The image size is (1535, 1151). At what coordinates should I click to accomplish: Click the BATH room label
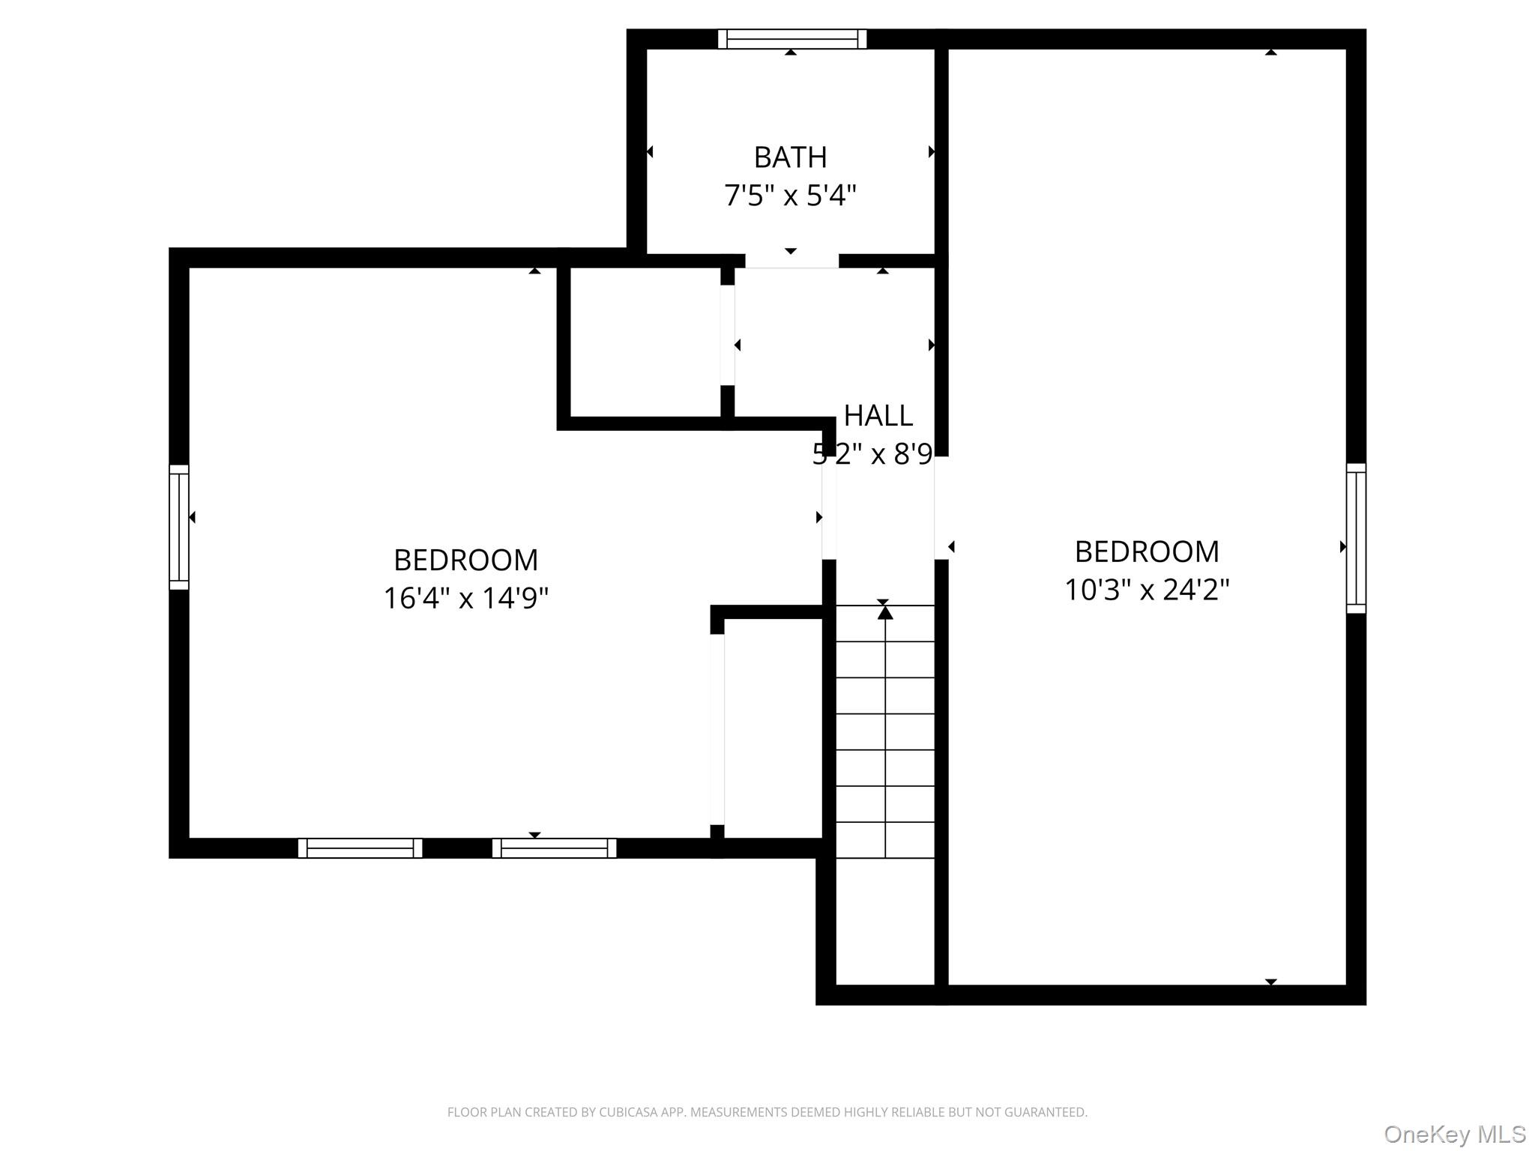coord(790,157)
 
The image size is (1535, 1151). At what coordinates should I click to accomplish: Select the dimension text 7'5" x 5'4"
coord(790,196)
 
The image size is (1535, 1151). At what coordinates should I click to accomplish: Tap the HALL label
coord(878,416)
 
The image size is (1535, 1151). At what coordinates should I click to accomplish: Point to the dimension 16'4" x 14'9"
coord(465,599)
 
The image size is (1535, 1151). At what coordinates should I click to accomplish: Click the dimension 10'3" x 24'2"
coord(1147,590)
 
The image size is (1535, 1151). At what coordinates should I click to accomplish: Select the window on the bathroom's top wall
coord(791,39)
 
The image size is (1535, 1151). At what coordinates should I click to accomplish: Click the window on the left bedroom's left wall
coord(179,527)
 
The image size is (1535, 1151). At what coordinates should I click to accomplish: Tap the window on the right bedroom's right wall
coord(1356,538)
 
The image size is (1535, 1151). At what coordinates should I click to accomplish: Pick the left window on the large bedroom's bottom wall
coord(360,848)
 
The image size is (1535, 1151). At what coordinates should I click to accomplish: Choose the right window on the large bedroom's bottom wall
coord(554,848)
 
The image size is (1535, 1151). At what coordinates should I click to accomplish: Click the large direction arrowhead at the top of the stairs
coord(885,613)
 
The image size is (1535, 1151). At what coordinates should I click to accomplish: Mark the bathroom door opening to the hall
coord(791,261)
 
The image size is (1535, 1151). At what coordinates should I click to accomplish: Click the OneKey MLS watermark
coord(1454,1134)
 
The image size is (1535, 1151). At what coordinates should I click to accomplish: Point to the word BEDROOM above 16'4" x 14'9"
coord(465,561)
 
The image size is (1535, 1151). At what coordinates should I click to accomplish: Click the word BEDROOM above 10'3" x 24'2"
coord(1147,552)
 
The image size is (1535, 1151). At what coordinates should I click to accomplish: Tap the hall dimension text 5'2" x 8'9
coord(872,454)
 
